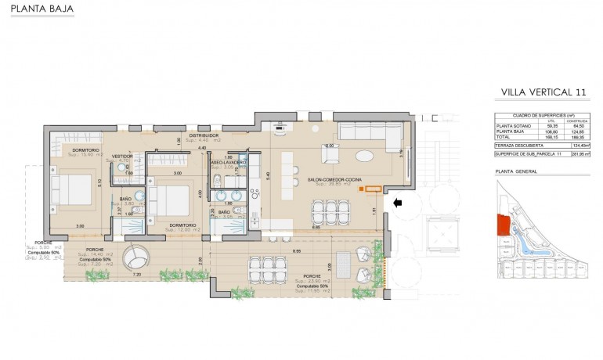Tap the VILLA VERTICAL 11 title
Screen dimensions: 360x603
click(x=542, y=93)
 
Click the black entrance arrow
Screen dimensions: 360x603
click(x=398, y=203)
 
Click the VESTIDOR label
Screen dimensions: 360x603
click(x=122, y=156)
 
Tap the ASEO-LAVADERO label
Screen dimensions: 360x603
click(x=228, y=162)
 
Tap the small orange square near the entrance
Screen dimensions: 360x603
click(x=361, y=189)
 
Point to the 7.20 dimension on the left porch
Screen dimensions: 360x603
click(x=138, y=275)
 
